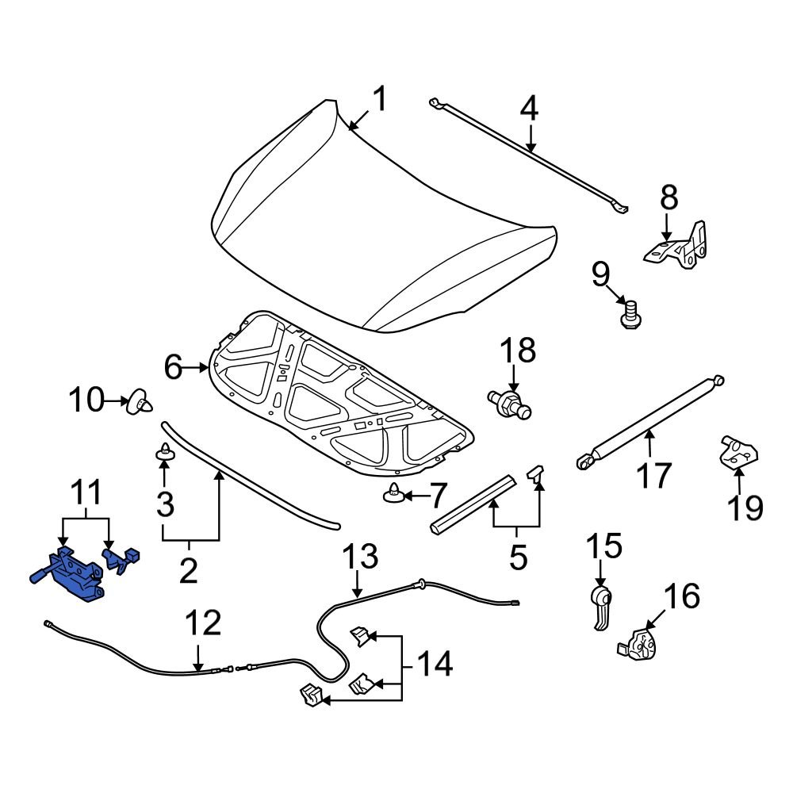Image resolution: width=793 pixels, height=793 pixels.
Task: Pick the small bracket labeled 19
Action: click(x=737, y=454)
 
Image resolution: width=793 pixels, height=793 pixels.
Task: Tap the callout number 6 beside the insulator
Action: click(x=173, y=367)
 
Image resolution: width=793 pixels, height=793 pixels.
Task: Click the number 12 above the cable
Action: click(x=203, y=624)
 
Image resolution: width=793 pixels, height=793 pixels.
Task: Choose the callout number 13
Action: click(x=361, y=557)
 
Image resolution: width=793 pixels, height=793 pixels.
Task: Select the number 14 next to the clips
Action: click(x=435, y=663)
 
